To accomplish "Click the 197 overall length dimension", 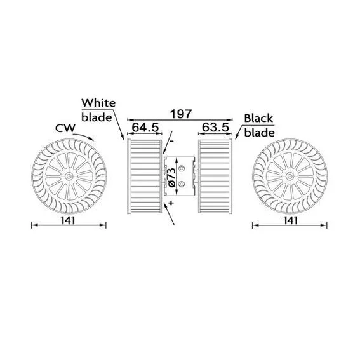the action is point(181,114).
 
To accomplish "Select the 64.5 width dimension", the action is point(145,128).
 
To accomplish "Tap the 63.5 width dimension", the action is point(216,127).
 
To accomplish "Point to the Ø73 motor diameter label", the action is point(173,177).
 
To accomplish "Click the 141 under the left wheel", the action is point(68,221).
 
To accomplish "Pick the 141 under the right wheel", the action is point(290,221).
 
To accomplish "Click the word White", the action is point(98,103).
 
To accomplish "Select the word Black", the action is point(258,118).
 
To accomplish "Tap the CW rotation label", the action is point(65,128).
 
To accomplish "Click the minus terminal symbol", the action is point(171,141).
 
